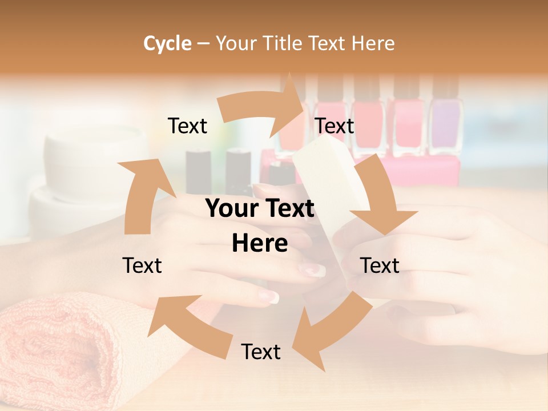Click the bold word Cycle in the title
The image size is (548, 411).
(167, 43)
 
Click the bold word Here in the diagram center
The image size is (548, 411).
(260, 244)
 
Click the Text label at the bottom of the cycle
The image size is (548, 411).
(261, 352)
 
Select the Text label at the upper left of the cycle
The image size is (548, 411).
(187, 126)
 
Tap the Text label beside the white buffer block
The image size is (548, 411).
(335, 126)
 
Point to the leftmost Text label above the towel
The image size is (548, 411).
(142, 265)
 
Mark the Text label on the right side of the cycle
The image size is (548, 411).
(380, 265)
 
